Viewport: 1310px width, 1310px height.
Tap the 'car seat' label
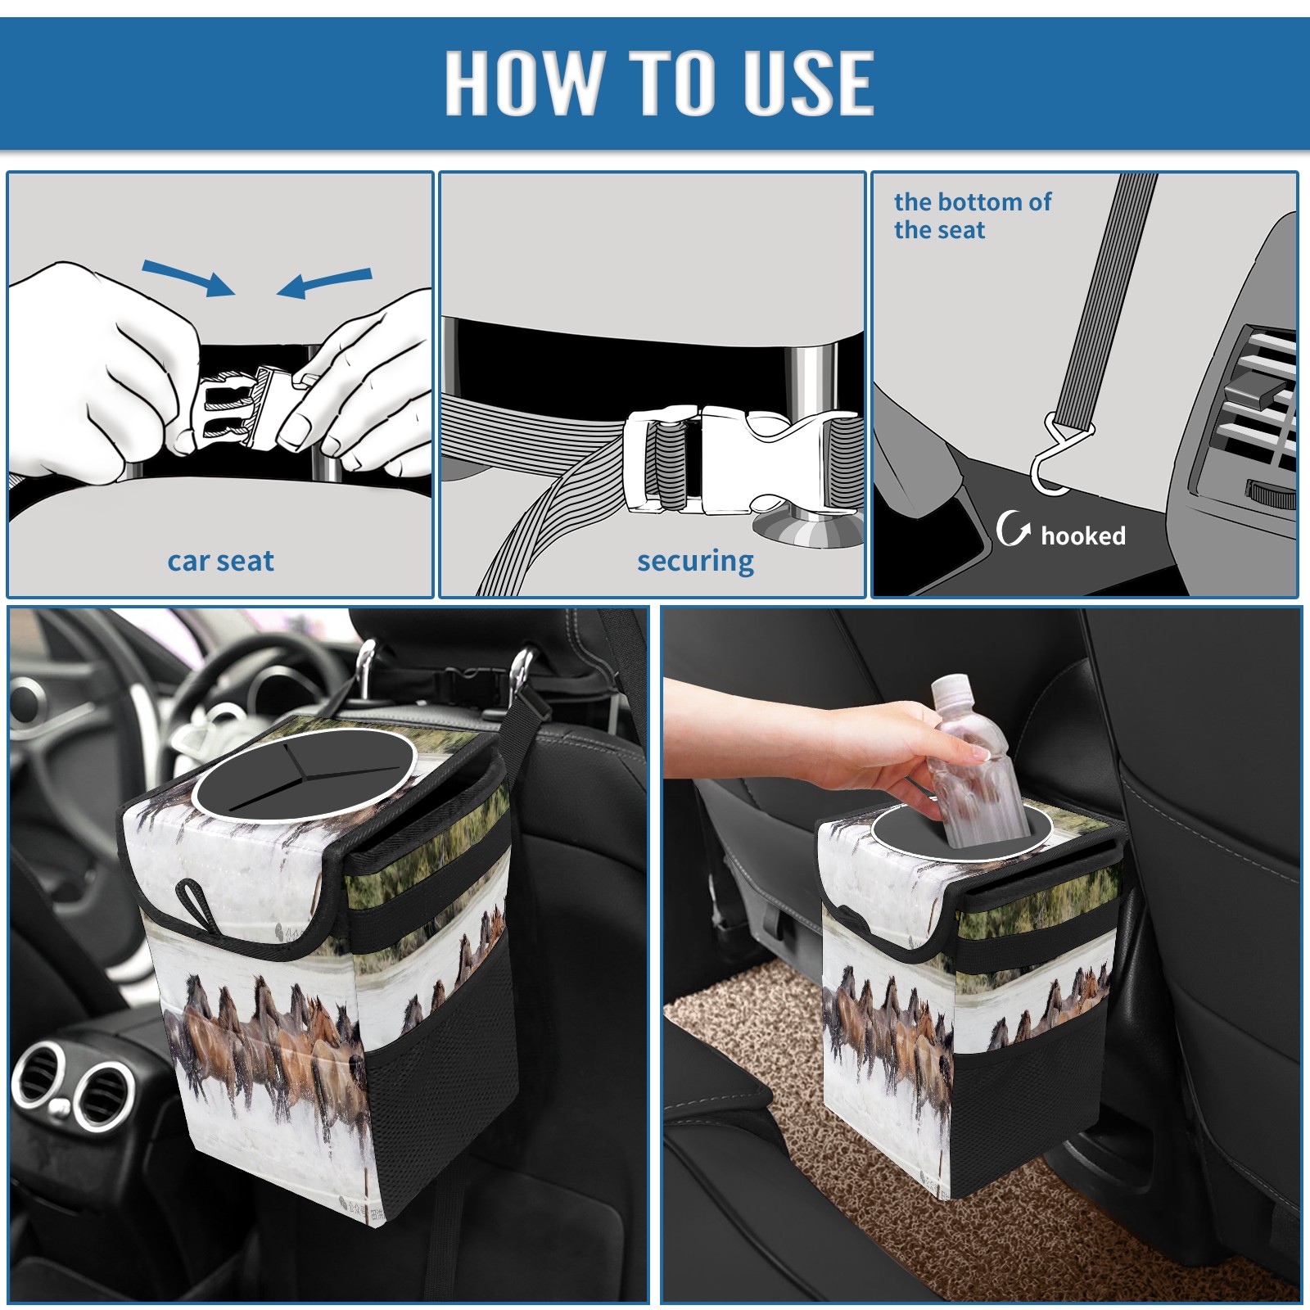pos(220,561)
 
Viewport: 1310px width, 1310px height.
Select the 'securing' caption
pos(695,562)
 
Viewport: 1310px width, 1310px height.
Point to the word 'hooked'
pos(1083,535)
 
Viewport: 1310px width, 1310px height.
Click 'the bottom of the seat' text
pos(972,215)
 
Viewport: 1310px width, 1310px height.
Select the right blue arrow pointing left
pos(324,283)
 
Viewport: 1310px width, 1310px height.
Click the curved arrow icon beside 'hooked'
pos(1012,528)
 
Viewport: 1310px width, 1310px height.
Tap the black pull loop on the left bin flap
pos(196,903)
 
